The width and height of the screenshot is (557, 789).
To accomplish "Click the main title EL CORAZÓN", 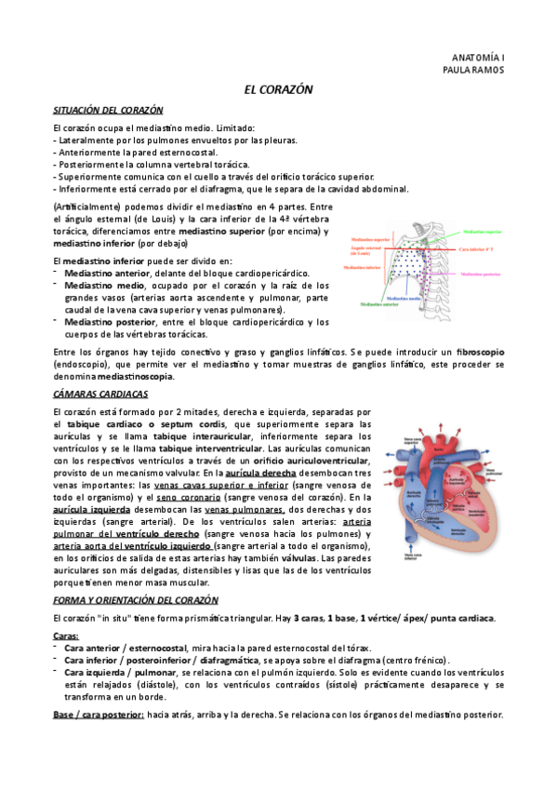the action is point(278,89).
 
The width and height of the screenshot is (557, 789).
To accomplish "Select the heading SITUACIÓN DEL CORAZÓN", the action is point(109,110).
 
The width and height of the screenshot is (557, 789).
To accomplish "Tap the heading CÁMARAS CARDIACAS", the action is point(95,394).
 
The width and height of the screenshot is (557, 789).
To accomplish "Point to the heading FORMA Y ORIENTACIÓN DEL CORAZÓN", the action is point(130,600).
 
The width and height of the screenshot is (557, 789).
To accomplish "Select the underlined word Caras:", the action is point(66,635).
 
